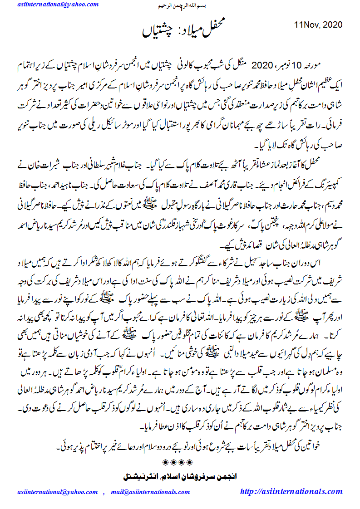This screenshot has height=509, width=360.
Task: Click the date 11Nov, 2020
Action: [x=318, y=24]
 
